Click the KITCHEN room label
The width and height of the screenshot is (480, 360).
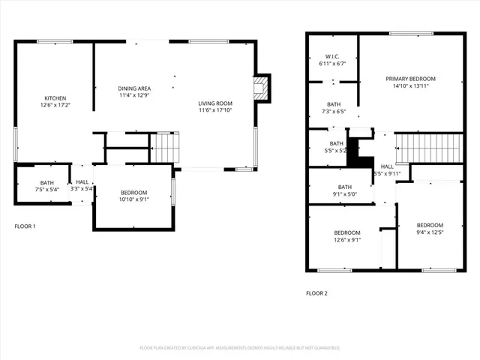click(55, 98)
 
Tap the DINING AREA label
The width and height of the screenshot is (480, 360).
click(134, 88)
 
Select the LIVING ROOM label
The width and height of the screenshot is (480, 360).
click(215, 103)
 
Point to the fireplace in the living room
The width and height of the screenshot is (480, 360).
click(261, 88)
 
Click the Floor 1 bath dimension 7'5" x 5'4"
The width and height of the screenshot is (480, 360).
click(47, 189)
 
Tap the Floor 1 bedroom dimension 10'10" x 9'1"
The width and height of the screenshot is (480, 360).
click(134, 199)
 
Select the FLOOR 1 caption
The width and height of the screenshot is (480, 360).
click(25, 226)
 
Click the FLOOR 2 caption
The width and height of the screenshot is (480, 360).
click(316, 293)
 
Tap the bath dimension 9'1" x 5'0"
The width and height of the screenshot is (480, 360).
click(345, 194)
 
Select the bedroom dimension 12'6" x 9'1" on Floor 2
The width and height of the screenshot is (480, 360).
click(347, 240)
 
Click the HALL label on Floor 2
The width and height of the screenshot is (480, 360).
click(387, 166)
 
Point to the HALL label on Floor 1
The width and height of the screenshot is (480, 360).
click(82, 181)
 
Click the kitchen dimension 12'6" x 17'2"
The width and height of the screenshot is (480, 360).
click(55, 106)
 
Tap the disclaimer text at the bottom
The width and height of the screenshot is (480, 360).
click(240, 348)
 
